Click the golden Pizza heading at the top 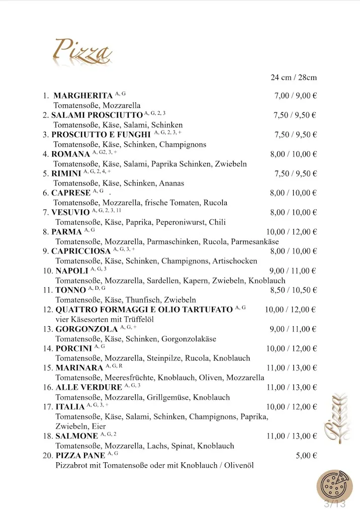click(x=82, y=51)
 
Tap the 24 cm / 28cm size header click(x=293, y=78)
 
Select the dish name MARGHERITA click(x=83, y=95)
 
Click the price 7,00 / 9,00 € click(x=295, y=95)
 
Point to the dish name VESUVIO click(x=71, y=212)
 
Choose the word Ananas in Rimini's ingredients click(x=172, y=183)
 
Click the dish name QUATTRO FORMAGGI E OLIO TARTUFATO click(x=144, y=310)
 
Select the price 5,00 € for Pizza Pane click(x=306, y=455)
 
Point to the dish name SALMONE click(x=77, y=436)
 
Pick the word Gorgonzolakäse click(x=188, y=339)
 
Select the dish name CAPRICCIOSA click(x=81, y=251)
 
